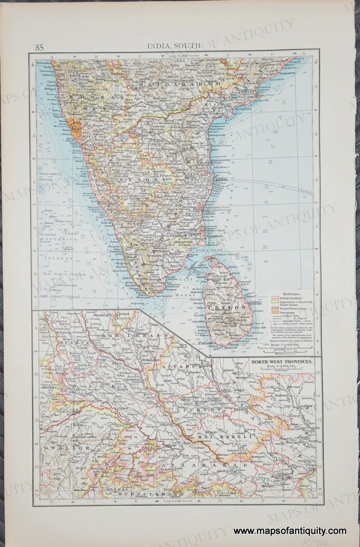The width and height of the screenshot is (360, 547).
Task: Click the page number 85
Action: [x=39, y=46]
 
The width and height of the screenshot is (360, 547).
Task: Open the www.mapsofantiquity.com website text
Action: [x=289, y=531]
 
